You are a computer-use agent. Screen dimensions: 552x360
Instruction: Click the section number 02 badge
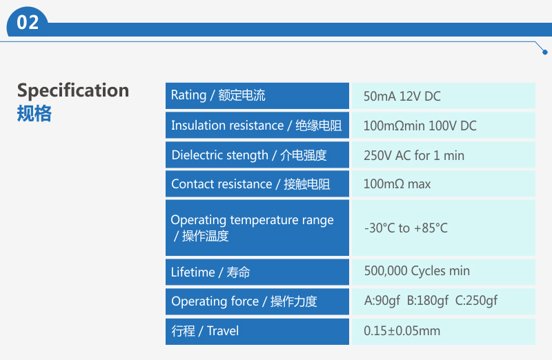28,22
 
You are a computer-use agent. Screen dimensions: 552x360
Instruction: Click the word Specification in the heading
73,91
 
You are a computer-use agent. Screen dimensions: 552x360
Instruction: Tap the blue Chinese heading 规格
34,113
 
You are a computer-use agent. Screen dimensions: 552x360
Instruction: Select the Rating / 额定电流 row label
218,95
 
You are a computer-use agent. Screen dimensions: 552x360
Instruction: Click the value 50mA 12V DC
402,96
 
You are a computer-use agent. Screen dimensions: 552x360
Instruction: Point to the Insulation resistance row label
256,126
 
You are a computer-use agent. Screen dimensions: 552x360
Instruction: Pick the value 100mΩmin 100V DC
420,126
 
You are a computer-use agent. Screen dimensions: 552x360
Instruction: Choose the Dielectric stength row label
249,155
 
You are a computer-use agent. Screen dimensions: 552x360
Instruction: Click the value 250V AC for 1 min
414,155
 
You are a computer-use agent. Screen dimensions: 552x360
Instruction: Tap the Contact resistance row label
250,184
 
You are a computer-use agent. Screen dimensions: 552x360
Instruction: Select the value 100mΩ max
397,183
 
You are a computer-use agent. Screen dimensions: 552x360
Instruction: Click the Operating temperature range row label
252,228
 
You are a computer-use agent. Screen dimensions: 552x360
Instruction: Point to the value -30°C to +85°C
406,228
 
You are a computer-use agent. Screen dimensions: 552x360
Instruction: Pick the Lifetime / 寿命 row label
210,272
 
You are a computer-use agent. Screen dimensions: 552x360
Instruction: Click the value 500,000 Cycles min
417,271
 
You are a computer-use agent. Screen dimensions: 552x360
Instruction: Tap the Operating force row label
244,301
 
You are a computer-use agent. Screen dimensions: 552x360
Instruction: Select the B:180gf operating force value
428,301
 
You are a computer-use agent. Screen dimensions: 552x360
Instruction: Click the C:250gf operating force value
476,301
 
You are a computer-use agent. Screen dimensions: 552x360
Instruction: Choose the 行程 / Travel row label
205,331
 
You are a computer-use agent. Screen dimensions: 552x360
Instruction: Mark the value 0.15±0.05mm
402,331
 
